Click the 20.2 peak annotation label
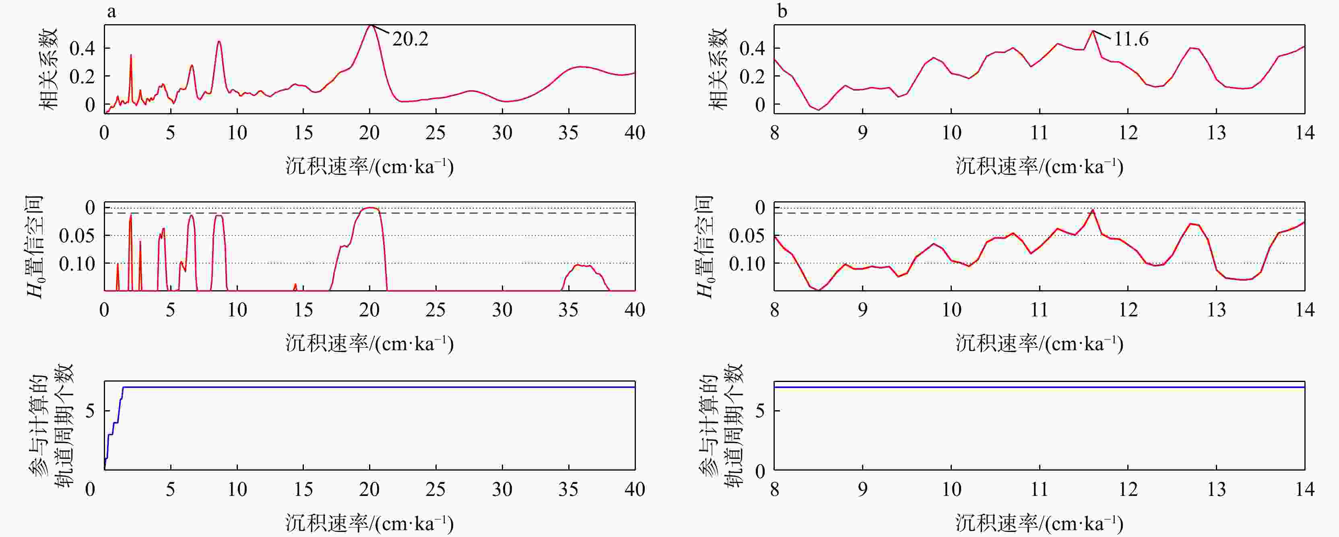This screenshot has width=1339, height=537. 410,39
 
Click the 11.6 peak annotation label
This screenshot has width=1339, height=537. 1131,39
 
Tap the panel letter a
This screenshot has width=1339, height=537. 111,11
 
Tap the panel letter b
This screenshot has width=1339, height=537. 782,11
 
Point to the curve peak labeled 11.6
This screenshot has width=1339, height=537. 1093,31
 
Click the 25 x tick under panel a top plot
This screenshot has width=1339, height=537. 435,133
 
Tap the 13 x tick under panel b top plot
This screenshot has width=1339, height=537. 1216,133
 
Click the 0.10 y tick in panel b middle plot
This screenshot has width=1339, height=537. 747,264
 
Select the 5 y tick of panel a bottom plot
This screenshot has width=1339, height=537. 91,411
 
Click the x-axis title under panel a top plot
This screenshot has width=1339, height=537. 369,166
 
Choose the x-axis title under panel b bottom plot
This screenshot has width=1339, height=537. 1040,523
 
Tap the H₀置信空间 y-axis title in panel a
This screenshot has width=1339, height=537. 34,246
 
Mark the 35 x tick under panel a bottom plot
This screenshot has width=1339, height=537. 568,489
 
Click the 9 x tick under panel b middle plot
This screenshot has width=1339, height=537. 863,310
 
